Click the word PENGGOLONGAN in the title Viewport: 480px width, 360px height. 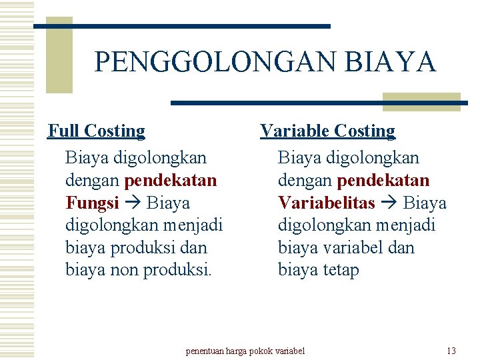click(x=214, y=62)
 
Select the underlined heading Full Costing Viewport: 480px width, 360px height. click(x=96, y=131)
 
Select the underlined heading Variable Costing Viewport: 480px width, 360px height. click(x=327, y=131)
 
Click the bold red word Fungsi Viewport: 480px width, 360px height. click(x=92, y=203)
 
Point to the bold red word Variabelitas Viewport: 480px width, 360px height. click(x=326, y=203)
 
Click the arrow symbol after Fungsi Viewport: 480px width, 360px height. click(x=133, y=203)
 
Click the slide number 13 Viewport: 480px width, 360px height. click(x=451, y=351)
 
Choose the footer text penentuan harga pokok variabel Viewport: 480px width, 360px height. click(x=245, y=351)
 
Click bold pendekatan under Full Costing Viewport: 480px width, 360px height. click(x=170, y=180)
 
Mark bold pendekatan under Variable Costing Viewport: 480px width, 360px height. click(x=383, y=180)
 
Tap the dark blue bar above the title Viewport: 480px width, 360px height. click(x=182, y=26)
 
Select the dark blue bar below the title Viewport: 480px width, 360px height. click(x=319, y=103)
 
